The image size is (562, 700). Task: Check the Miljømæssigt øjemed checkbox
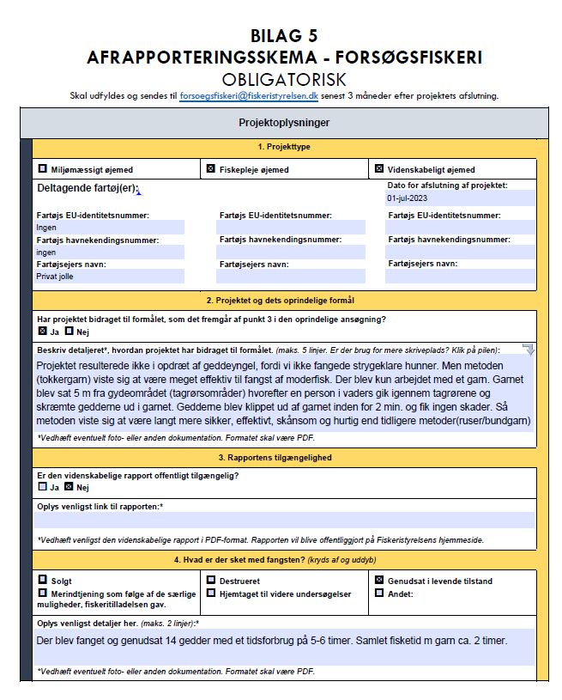click(x=42, y=169)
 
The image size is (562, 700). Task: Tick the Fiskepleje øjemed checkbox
click(x=209, y=169)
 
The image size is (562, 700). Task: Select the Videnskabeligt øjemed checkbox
click(x=379, y=169)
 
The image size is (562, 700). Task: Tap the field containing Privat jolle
click(x=109, y=277)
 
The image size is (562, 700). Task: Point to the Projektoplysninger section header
click(x=284, y=123)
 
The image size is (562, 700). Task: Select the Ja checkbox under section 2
click(x=42, y=330)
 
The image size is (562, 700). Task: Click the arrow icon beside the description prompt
click(x=528, y=349)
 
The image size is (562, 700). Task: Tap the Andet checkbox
click(x=379, y=593)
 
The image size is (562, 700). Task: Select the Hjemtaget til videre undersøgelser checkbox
click(x=211, y=593)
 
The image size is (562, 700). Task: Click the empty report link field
click(x=284, y=520)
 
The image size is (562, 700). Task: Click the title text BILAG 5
click(x=284, y=36)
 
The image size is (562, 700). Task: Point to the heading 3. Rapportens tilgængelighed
click(x=284, y=458)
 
